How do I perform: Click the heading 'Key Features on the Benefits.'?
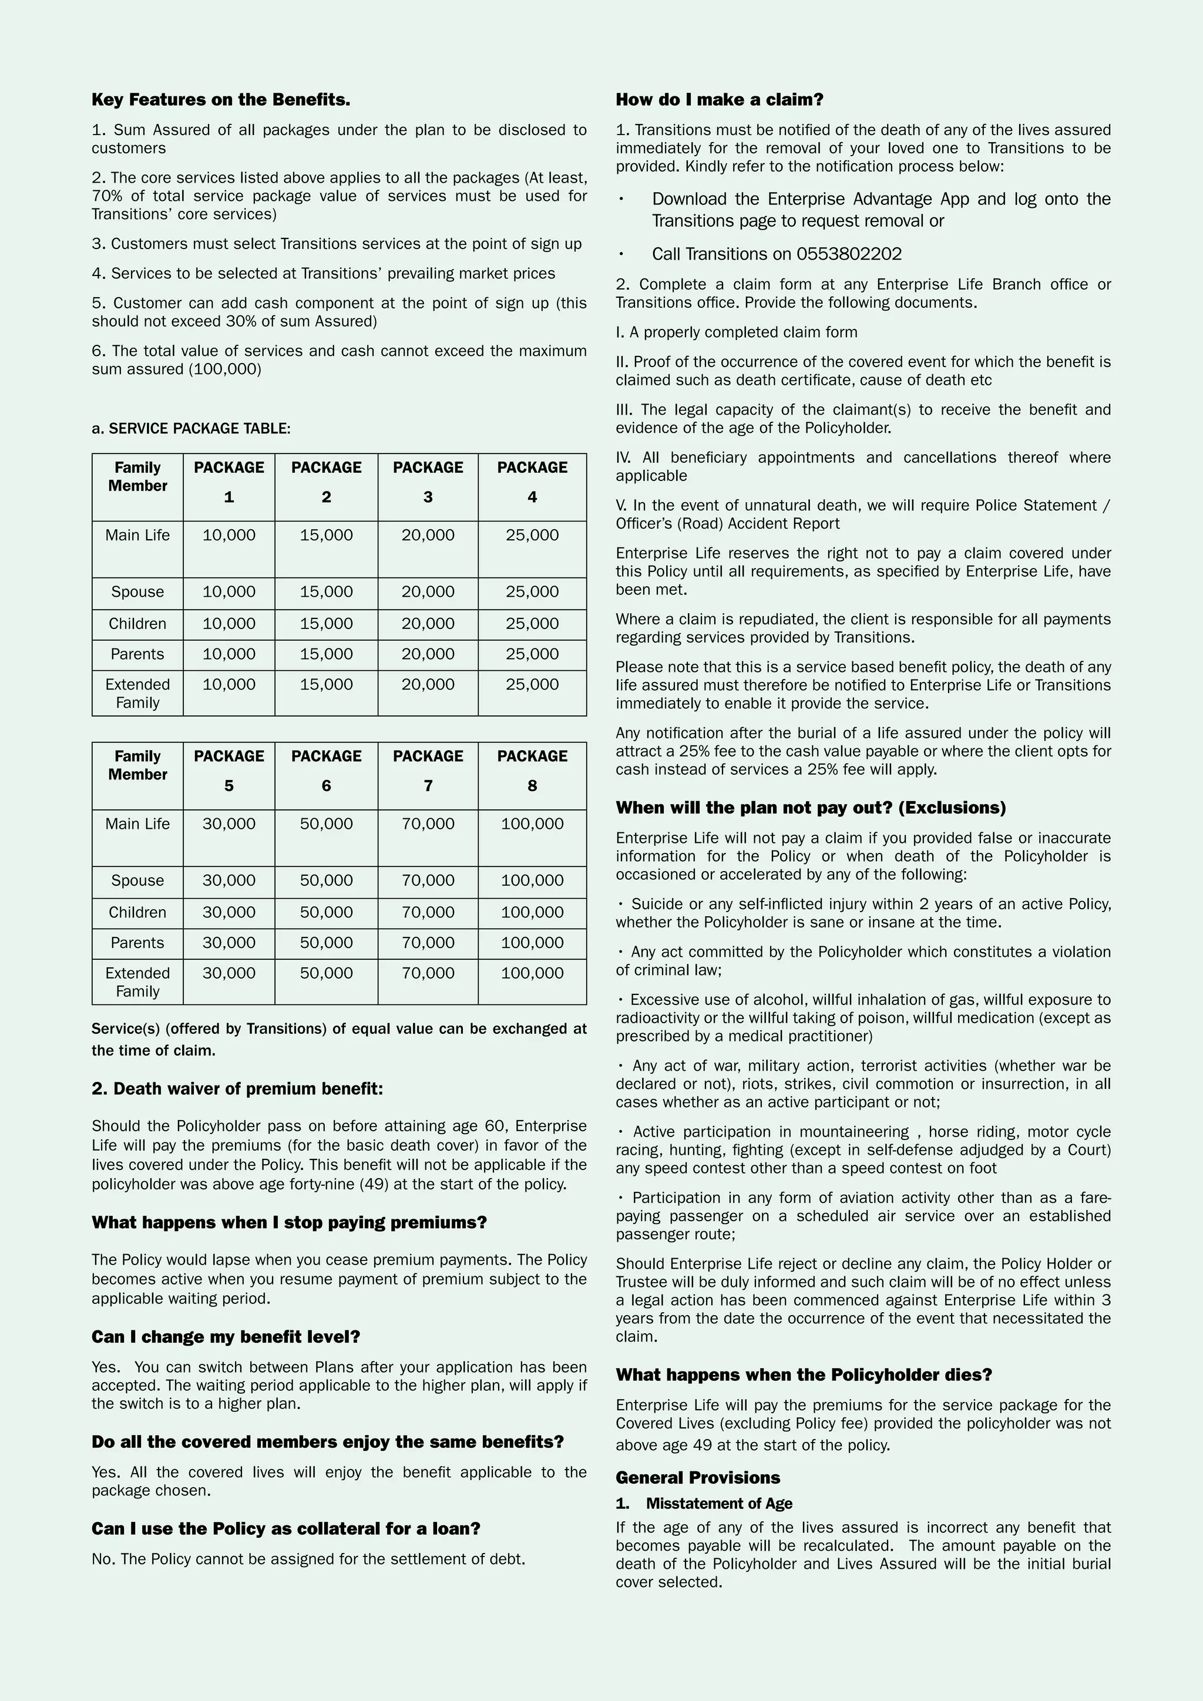point(221,100)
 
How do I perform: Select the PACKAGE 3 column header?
point(428,482)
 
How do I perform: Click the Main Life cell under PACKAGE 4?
point(532,536)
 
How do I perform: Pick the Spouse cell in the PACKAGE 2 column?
point(326,592)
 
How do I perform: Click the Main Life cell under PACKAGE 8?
point(532,824)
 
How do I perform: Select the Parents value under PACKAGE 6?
point(326,943)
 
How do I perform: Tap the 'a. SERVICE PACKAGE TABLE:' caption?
point(191,429)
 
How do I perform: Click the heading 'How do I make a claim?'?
point(720,100)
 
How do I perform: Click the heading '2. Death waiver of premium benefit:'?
point(237,1089)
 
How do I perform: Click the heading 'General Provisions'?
point(698,1478)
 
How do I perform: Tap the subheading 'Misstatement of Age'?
point(718,1503)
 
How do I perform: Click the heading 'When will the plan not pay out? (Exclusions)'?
point(811,808)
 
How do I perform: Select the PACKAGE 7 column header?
point(428,771)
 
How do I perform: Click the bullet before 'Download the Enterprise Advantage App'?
point(621,199)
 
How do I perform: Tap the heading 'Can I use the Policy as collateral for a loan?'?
point(286,1529)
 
